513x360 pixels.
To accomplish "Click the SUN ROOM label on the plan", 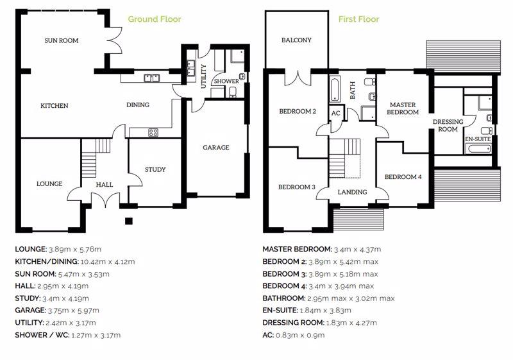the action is pyautogui.click(x=62, y=40).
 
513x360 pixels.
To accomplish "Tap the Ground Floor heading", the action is pyautogui.click(x=155, y=19).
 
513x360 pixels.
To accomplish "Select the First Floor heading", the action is pyautogui.click(x=358, y=19).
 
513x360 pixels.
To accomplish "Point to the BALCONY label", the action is pyautogui.click(x=296, y=40).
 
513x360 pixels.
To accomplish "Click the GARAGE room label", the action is pyautogui.click(x=216, y=148).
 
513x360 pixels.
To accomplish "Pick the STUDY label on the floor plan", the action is pyautogui.click(x=155, y=169).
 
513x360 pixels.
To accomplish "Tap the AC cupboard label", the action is pyautogui.click(x=336, y=113).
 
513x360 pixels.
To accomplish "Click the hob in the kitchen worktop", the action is pyautogui.click(x=153, y=133).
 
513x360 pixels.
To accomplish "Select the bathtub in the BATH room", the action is pyautogui.click(x=335, y=89).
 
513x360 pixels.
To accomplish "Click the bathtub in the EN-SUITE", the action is pyautogui.click(x=479, y=150).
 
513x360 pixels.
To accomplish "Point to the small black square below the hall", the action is pyautogui.click(x=129, y=221).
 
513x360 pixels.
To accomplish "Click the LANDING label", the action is pyautogui.click(x=352, y=192).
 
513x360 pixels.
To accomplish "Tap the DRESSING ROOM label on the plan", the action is pyautogui.click(x=448, y=125).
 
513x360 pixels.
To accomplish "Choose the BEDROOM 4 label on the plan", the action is pyautogui.click(x=403, y=177).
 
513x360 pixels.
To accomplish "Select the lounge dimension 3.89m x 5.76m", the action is pyautogui.click(x=75, y=250).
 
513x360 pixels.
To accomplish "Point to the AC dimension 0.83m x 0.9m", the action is pyautogui.click(x=300, y=335).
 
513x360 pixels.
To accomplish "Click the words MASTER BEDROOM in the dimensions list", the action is pyautogui.click(x=297, y=250).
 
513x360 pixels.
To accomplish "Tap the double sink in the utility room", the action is pyautogui.click(x=190, y=68).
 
